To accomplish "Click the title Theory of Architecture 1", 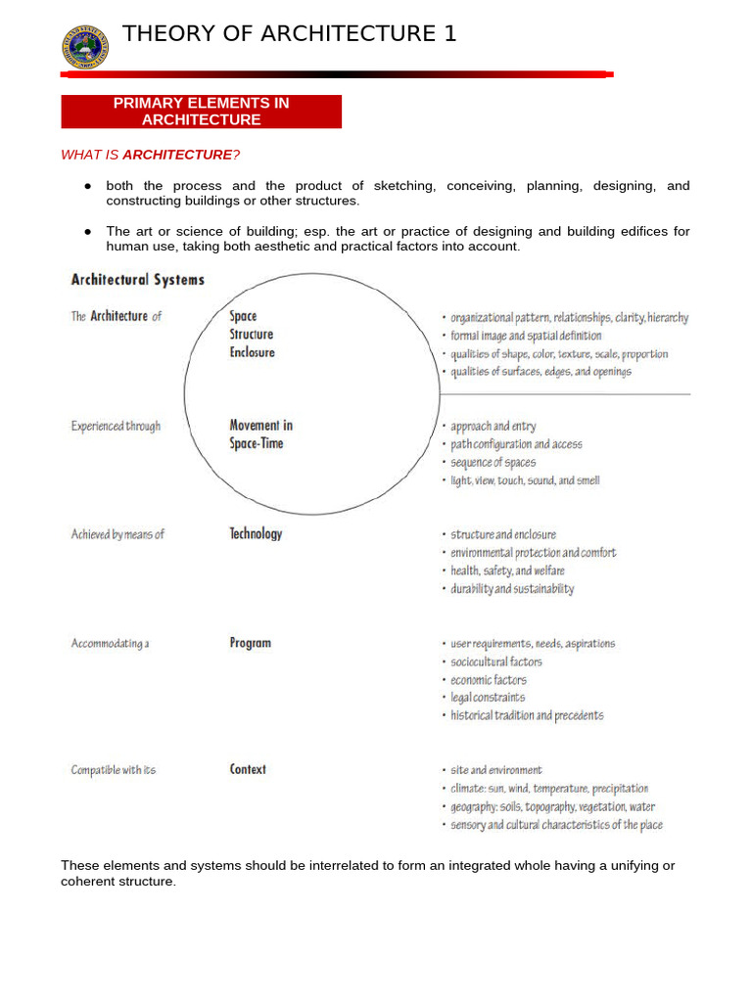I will (x=289, y=34).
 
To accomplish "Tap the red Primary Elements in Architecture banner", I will (x=202, y=112).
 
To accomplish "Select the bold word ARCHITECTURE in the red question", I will (x=177, y=155).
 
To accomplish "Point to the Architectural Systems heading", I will (x=138, y=280).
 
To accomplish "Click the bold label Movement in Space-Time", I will (x=260, y=434).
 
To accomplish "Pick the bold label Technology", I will (x=256, y=534).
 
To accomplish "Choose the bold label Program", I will (x=250, y=644).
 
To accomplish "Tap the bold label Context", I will (x=248, y=770).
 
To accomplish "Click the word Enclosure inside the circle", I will (x=252, y=352).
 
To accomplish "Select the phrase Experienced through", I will (x=116, y=427).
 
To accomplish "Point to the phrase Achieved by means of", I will (x=117, y=534).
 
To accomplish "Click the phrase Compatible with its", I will (x=113, y=770).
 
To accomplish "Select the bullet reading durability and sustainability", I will (x=511, y=589).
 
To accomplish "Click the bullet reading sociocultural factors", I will (x=495, y=662).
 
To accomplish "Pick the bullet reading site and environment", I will (x=495, y=771).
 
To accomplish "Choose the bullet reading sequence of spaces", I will (x=493, y=463).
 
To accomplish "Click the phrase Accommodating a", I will (x=110, y=644).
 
